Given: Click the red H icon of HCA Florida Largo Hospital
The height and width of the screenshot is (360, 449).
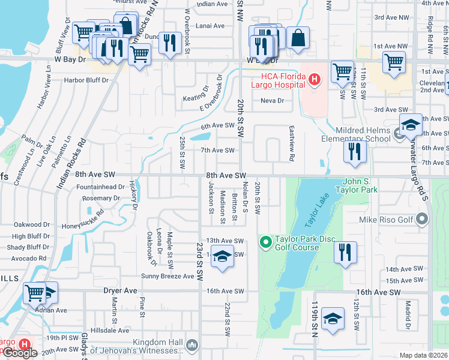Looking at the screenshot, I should click(313, 79).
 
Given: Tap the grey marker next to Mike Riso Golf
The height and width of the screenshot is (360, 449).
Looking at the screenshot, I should click(423, 220).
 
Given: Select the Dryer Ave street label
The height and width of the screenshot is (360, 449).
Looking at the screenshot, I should click(121, 290).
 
